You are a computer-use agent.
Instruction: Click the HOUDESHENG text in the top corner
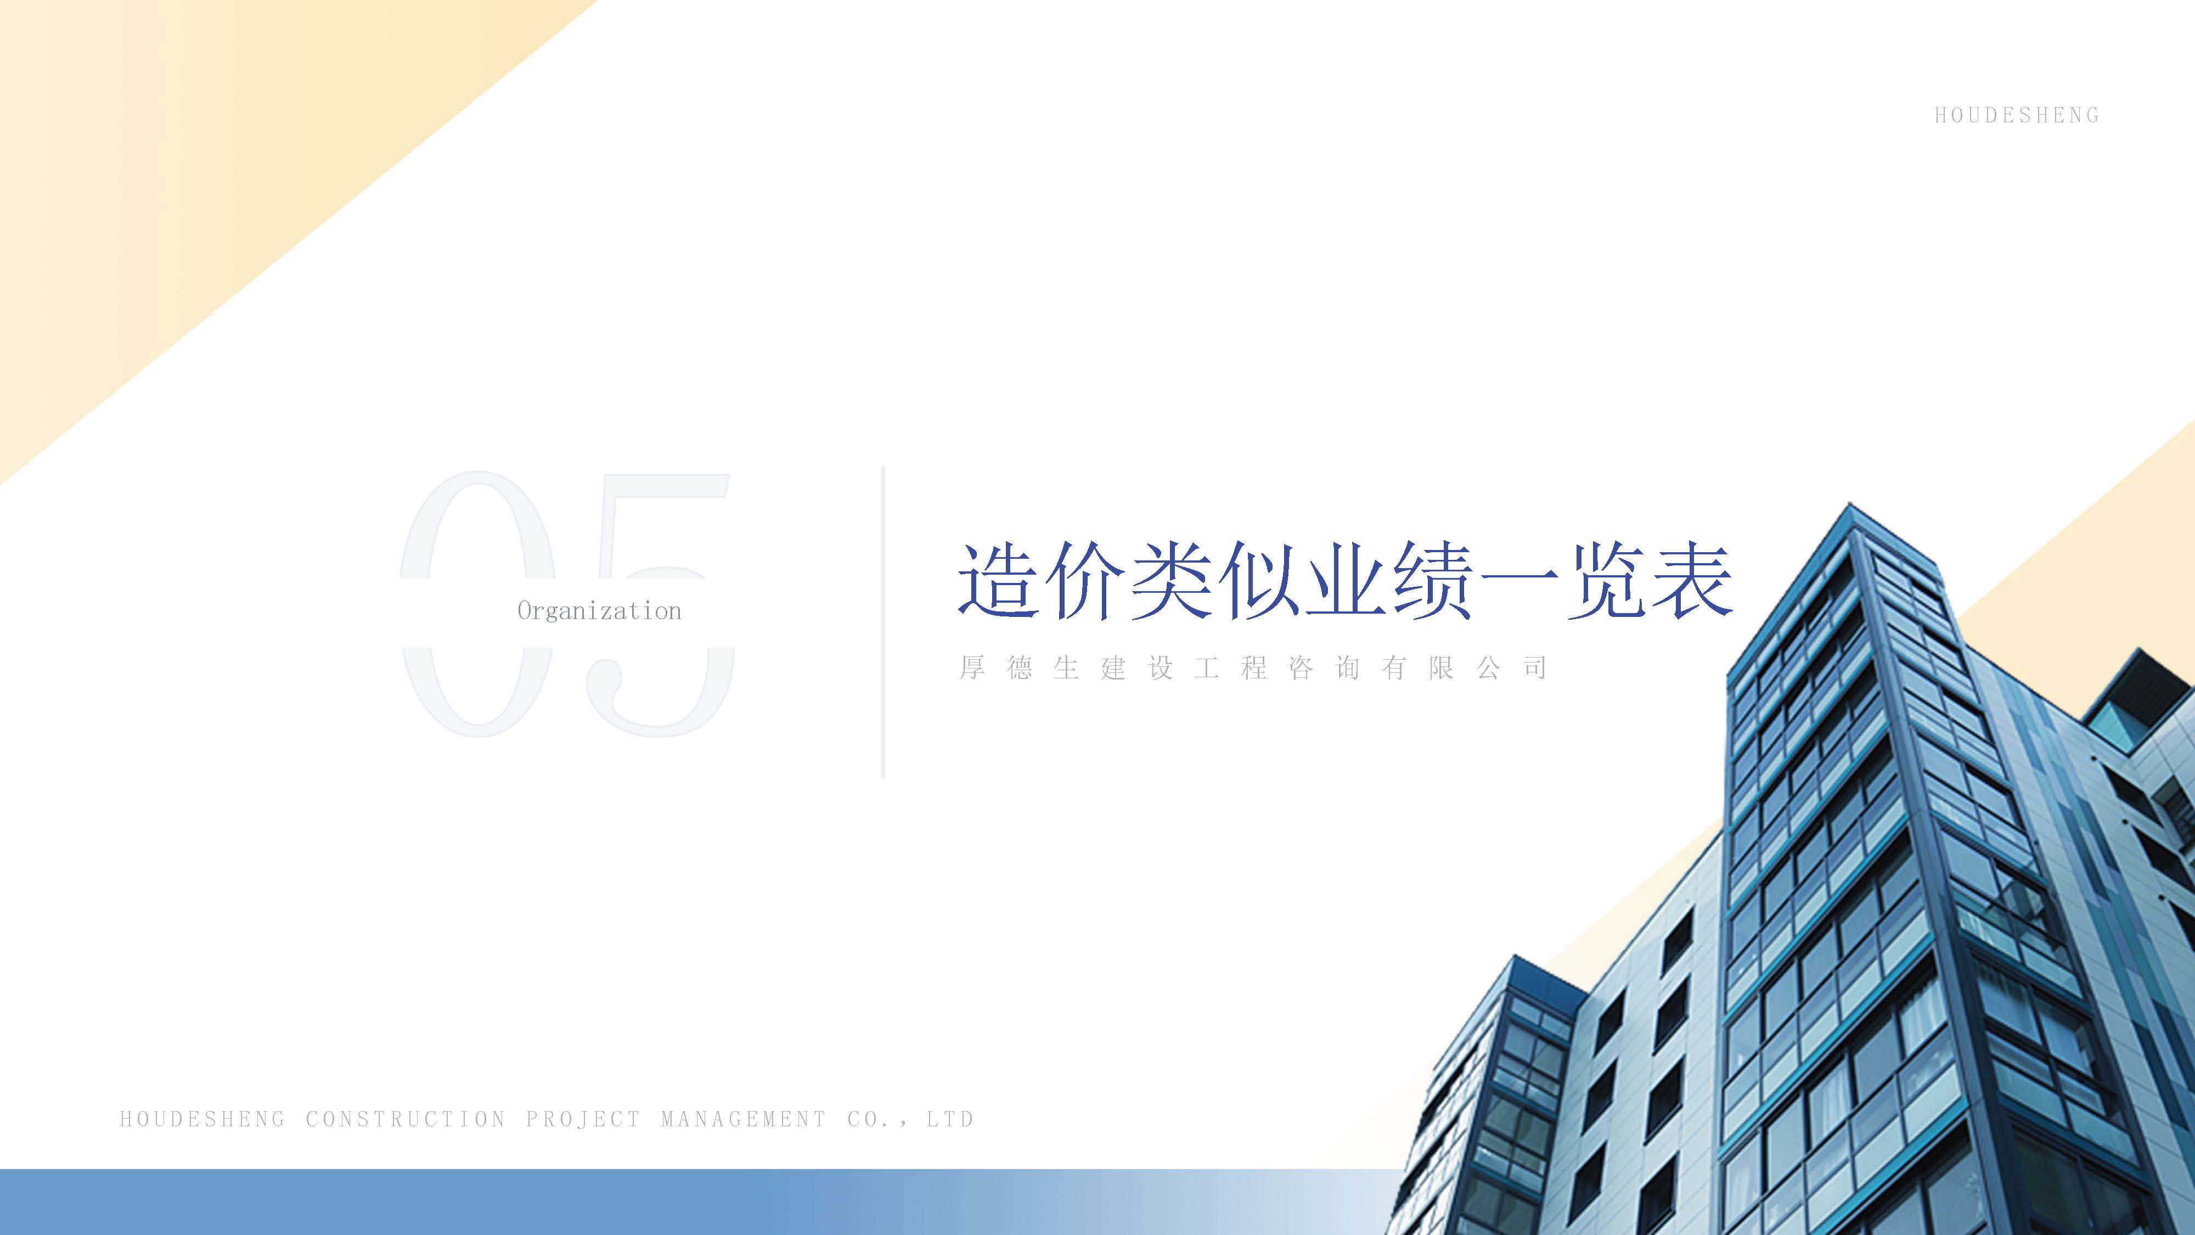(x=2016, y=116)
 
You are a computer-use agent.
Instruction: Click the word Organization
(x=599, y=611)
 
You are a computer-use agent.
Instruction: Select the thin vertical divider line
(x=883, y=622)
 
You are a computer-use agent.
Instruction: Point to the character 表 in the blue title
(x=1691, y=581)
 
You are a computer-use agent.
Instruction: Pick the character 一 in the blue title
(x=1518, y=581)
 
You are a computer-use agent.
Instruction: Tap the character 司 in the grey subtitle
(x=1535, y=667)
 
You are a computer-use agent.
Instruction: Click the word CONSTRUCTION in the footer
(x=406, y=1119)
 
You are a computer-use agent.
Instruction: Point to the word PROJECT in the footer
(x=583, y=1119)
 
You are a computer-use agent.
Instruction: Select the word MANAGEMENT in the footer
(x=743, y=1119)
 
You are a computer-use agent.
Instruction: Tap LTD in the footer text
(x=950, y=1119)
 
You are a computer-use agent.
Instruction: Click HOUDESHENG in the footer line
(x=203, y=1119)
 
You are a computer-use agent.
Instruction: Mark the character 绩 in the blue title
(x=1432, y=581)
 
